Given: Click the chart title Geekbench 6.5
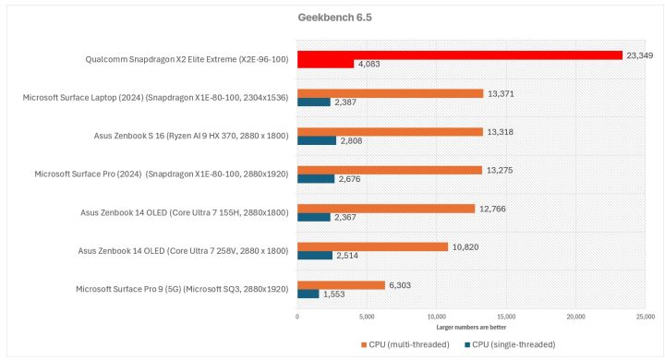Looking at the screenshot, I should (x=332, y=18).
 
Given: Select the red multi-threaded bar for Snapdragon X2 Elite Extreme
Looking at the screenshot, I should (x=459, y=54).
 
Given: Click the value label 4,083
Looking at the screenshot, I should (x=370, y=64).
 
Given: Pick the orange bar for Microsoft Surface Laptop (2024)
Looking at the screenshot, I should (x=390, y=93).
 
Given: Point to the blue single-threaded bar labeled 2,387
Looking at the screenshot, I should (x=313, y=102).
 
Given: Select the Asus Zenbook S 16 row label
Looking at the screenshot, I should (x=191, y=136).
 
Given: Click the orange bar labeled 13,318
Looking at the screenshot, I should (x=390, y=131).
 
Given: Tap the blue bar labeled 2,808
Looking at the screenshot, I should (x=316, y=140).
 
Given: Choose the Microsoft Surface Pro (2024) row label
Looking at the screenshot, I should (x=162, y=174).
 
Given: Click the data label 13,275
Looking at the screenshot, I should (x=500, y=170).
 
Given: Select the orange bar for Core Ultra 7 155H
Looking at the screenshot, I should (x=385, y=209).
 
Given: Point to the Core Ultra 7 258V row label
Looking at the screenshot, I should (x=184, y=250).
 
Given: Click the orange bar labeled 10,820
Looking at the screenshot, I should (x=372, y=246).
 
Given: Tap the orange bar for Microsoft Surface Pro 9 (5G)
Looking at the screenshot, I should (x=341, y=285).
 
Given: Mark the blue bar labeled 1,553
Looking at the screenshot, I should (x=308, y=294).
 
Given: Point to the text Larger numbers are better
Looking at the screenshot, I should (x=471, y=327).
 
